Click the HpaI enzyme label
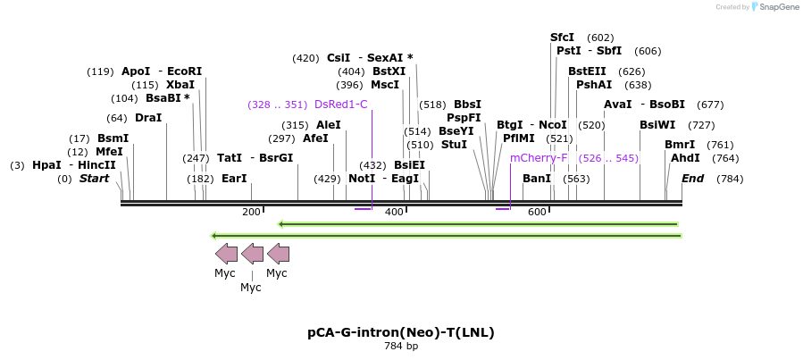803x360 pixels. point(46,165)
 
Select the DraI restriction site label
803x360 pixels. point(148,118)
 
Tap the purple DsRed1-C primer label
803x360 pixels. point(340,105)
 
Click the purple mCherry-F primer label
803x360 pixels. point(539,158)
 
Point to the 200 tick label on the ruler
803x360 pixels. point(251,212)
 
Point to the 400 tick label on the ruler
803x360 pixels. point(394,212)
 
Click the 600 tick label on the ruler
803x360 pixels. point(537,212)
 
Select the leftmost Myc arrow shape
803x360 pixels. point(226,253)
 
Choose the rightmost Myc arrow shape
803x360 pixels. point(278,253)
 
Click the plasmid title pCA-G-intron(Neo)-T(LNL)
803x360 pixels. point(401,332)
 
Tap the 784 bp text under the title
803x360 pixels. point(401,346)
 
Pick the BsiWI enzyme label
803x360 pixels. point(657,125)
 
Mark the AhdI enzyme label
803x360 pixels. point(686,158)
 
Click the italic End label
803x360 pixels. point(692,179)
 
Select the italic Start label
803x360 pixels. point(94,179)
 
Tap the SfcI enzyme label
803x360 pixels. point(562,38)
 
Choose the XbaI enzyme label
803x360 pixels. point(180,85)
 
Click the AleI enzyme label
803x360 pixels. point(328,125)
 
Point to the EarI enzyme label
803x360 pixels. point(234,179)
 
